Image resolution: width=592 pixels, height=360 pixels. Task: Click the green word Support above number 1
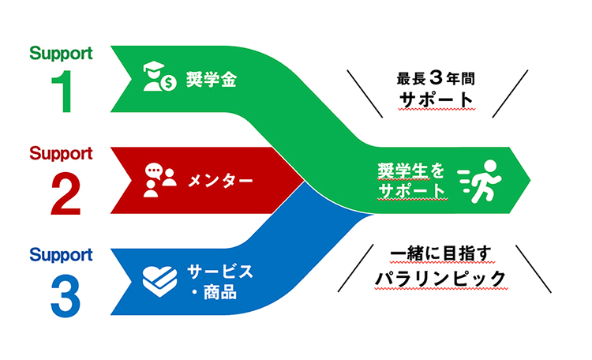click(61, 54)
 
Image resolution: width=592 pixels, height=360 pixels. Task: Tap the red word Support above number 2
click(61, 153)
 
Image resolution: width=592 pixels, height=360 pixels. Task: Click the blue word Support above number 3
click(61, 255)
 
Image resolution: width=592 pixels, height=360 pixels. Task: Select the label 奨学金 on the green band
click(212, 81)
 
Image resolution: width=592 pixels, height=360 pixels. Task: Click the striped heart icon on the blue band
click(159, 279)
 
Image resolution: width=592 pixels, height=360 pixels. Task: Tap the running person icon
click(479, 179)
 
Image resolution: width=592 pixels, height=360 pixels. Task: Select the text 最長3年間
click(437, 80)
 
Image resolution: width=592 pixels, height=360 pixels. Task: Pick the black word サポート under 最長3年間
click(437, 101)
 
